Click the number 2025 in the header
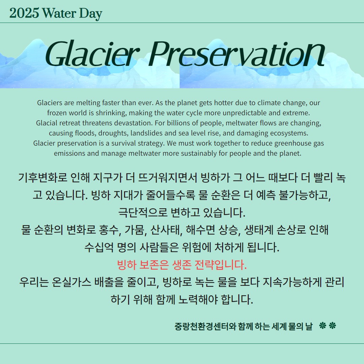24,13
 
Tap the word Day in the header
91,14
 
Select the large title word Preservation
237,54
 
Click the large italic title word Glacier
92,54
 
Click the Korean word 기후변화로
43,178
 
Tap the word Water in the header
59,13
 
